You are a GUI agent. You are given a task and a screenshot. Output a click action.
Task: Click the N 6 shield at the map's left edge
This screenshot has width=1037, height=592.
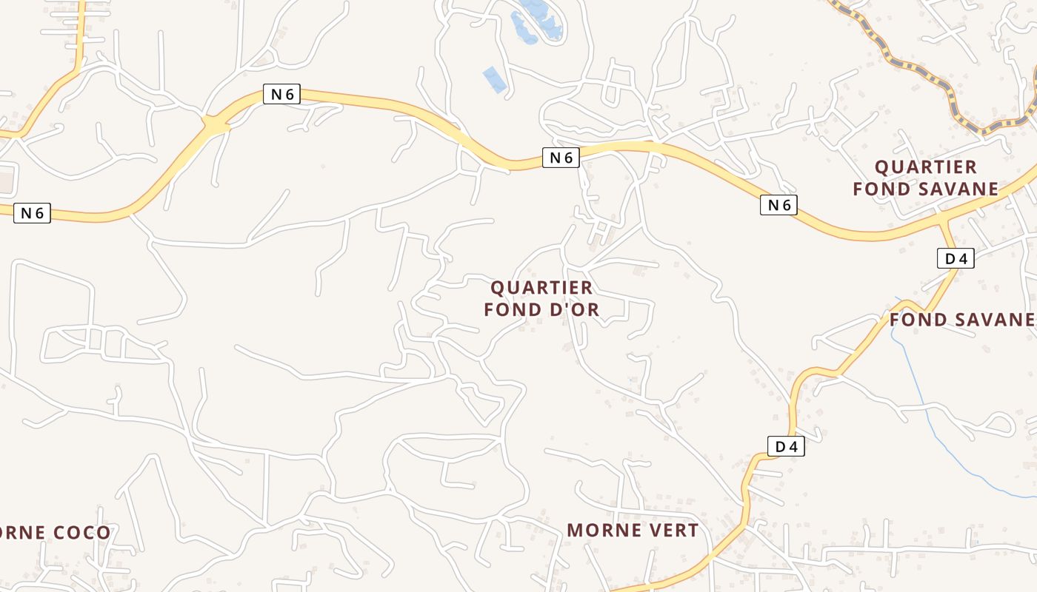click(32, 213)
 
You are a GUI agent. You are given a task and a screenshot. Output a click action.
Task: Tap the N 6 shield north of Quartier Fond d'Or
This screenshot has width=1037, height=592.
click(560, 157)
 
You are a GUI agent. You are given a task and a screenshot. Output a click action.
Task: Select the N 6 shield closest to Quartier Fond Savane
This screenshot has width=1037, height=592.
click(778, 205)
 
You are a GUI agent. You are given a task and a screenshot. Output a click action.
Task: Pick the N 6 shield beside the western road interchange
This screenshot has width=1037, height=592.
click(281, 94)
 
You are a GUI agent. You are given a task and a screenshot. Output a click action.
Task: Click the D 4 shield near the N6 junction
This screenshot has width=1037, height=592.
click(956, 258)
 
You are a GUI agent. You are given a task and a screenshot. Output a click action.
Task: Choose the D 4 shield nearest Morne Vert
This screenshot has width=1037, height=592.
click(785, 446)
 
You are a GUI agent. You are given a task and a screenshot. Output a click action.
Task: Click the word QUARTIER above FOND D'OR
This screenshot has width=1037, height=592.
click(541, 287)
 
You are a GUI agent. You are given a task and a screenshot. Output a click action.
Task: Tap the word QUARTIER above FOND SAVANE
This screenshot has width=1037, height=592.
click(926, 166)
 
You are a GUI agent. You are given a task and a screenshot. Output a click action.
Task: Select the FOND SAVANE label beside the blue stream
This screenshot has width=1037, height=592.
click(961, 320)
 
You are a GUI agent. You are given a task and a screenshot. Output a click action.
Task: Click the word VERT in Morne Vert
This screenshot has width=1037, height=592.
click(671, 530)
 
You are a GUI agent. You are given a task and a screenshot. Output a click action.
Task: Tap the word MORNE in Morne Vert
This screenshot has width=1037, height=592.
click(600, 530)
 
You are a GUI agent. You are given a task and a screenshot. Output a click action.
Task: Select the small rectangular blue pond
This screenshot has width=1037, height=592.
click(494, 79)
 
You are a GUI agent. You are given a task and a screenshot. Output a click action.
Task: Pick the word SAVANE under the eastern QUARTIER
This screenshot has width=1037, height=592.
click(961, 189)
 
